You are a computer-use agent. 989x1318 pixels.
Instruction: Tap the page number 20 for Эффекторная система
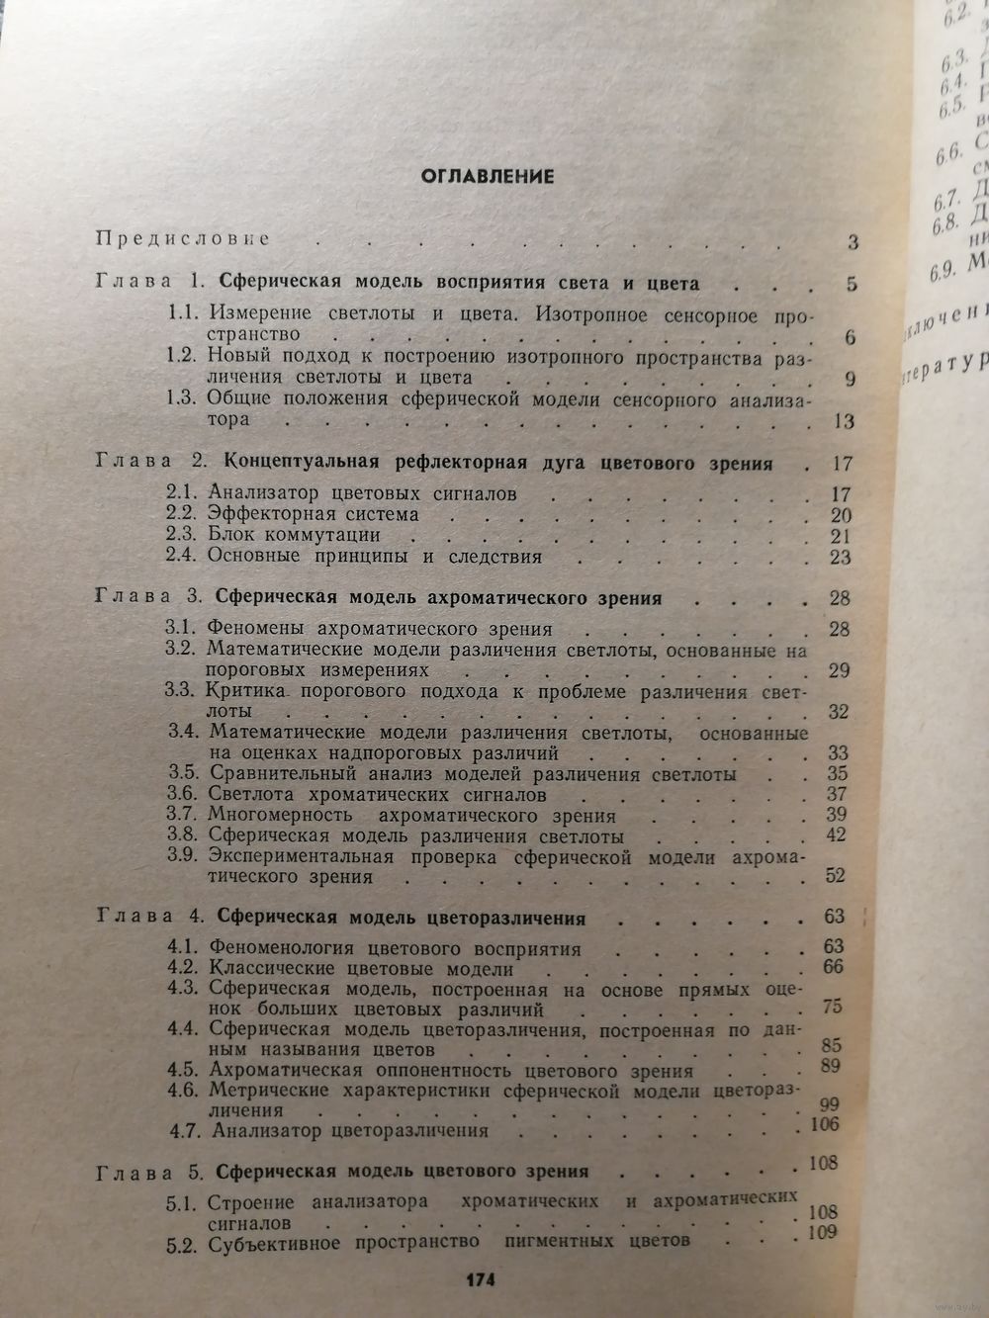(842, 515)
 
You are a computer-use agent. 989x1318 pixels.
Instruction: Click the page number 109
(821, 1232)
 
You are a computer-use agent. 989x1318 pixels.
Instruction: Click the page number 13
(843, 422)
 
